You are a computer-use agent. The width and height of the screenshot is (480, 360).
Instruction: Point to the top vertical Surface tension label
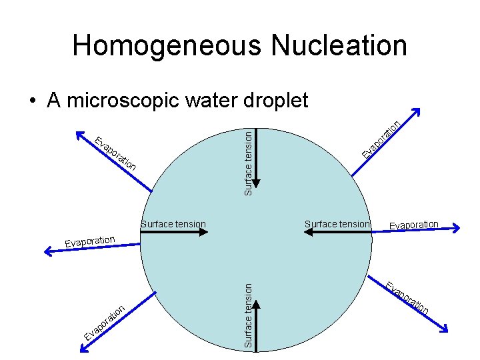248,163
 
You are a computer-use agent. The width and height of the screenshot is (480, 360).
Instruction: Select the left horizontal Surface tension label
173,224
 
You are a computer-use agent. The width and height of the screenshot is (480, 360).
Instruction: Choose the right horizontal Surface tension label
337,224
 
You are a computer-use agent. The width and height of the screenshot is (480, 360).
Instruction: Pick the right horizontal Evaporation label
414,225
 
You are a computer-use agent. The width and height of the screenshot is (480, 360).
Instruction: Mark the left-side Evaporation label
90,241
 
